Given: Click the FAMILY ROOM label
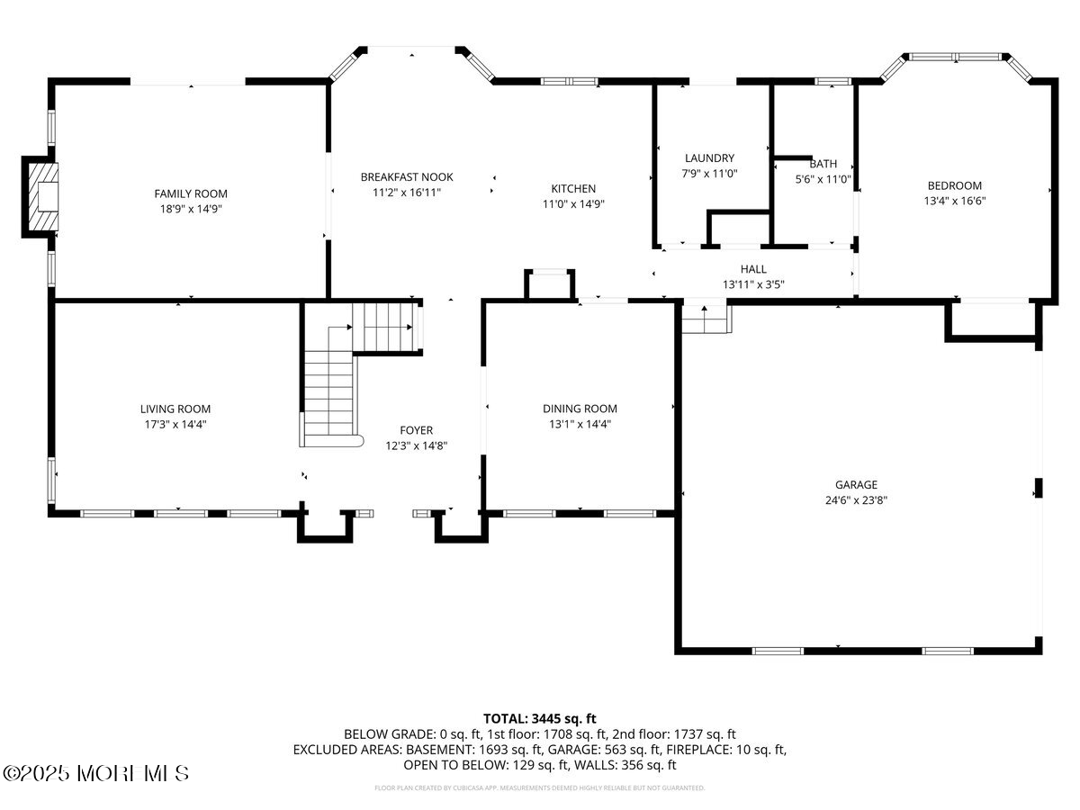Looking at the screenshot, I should coord(191,193).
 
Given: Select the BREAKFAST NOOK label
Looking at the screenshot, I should coord(407,177).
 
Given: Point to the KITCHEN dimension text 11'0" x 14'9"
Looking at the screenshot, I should coord(573,203).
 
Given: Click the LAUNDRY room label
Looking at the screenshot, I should coord(709,158).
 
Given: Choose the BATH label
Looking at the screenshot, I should coord(823,164).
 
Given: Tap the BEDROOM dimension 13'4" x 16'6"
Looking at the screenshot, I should coord(955,202).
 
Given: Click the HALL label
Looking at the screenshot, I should coord(753,269).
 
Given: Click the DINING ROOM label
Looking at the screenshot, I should coord(580,409).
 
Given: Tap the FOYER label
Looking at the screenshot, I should coord(416,430).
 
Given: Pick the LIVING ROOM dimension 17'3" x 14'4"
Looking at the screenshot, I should coord(175,424).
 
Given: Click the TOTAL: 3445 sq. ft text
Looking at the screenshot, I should coord(540,718).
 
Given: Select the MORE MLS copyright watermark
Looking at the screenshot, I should coord(97,773).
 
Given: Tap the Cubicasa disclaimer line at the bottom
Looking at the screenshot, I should coord(540,787).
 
